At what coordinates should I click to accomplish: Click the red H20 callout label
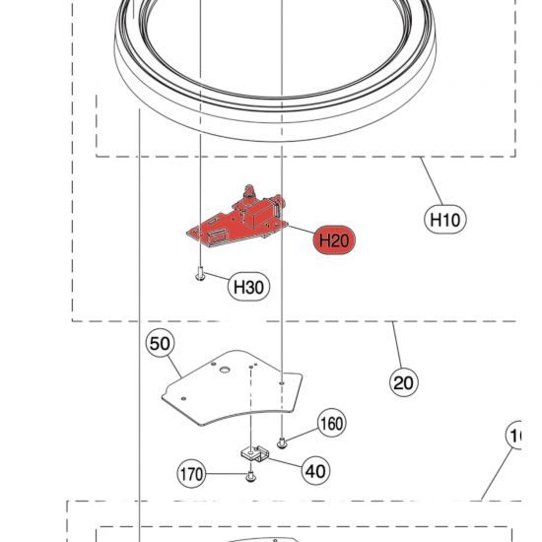[332, 239]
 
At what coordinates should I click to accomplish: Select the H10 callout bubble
[446, 219]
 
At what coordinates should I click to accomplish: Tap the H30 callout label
[247, 287]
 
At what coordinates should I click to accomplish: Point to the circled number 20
[404, 381]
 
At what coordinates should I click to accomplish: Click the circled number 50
[160, 344]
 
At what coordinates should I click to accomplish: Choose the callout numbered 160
[331, 424]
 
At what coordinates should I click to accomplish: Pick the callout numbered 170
[191, 474]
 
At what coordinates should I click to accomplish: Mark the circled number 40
[315, 471]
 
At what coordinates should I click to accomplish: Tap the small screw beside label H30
[200, 275]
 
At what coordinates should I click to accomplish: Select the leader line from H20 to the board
[298, 230]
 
